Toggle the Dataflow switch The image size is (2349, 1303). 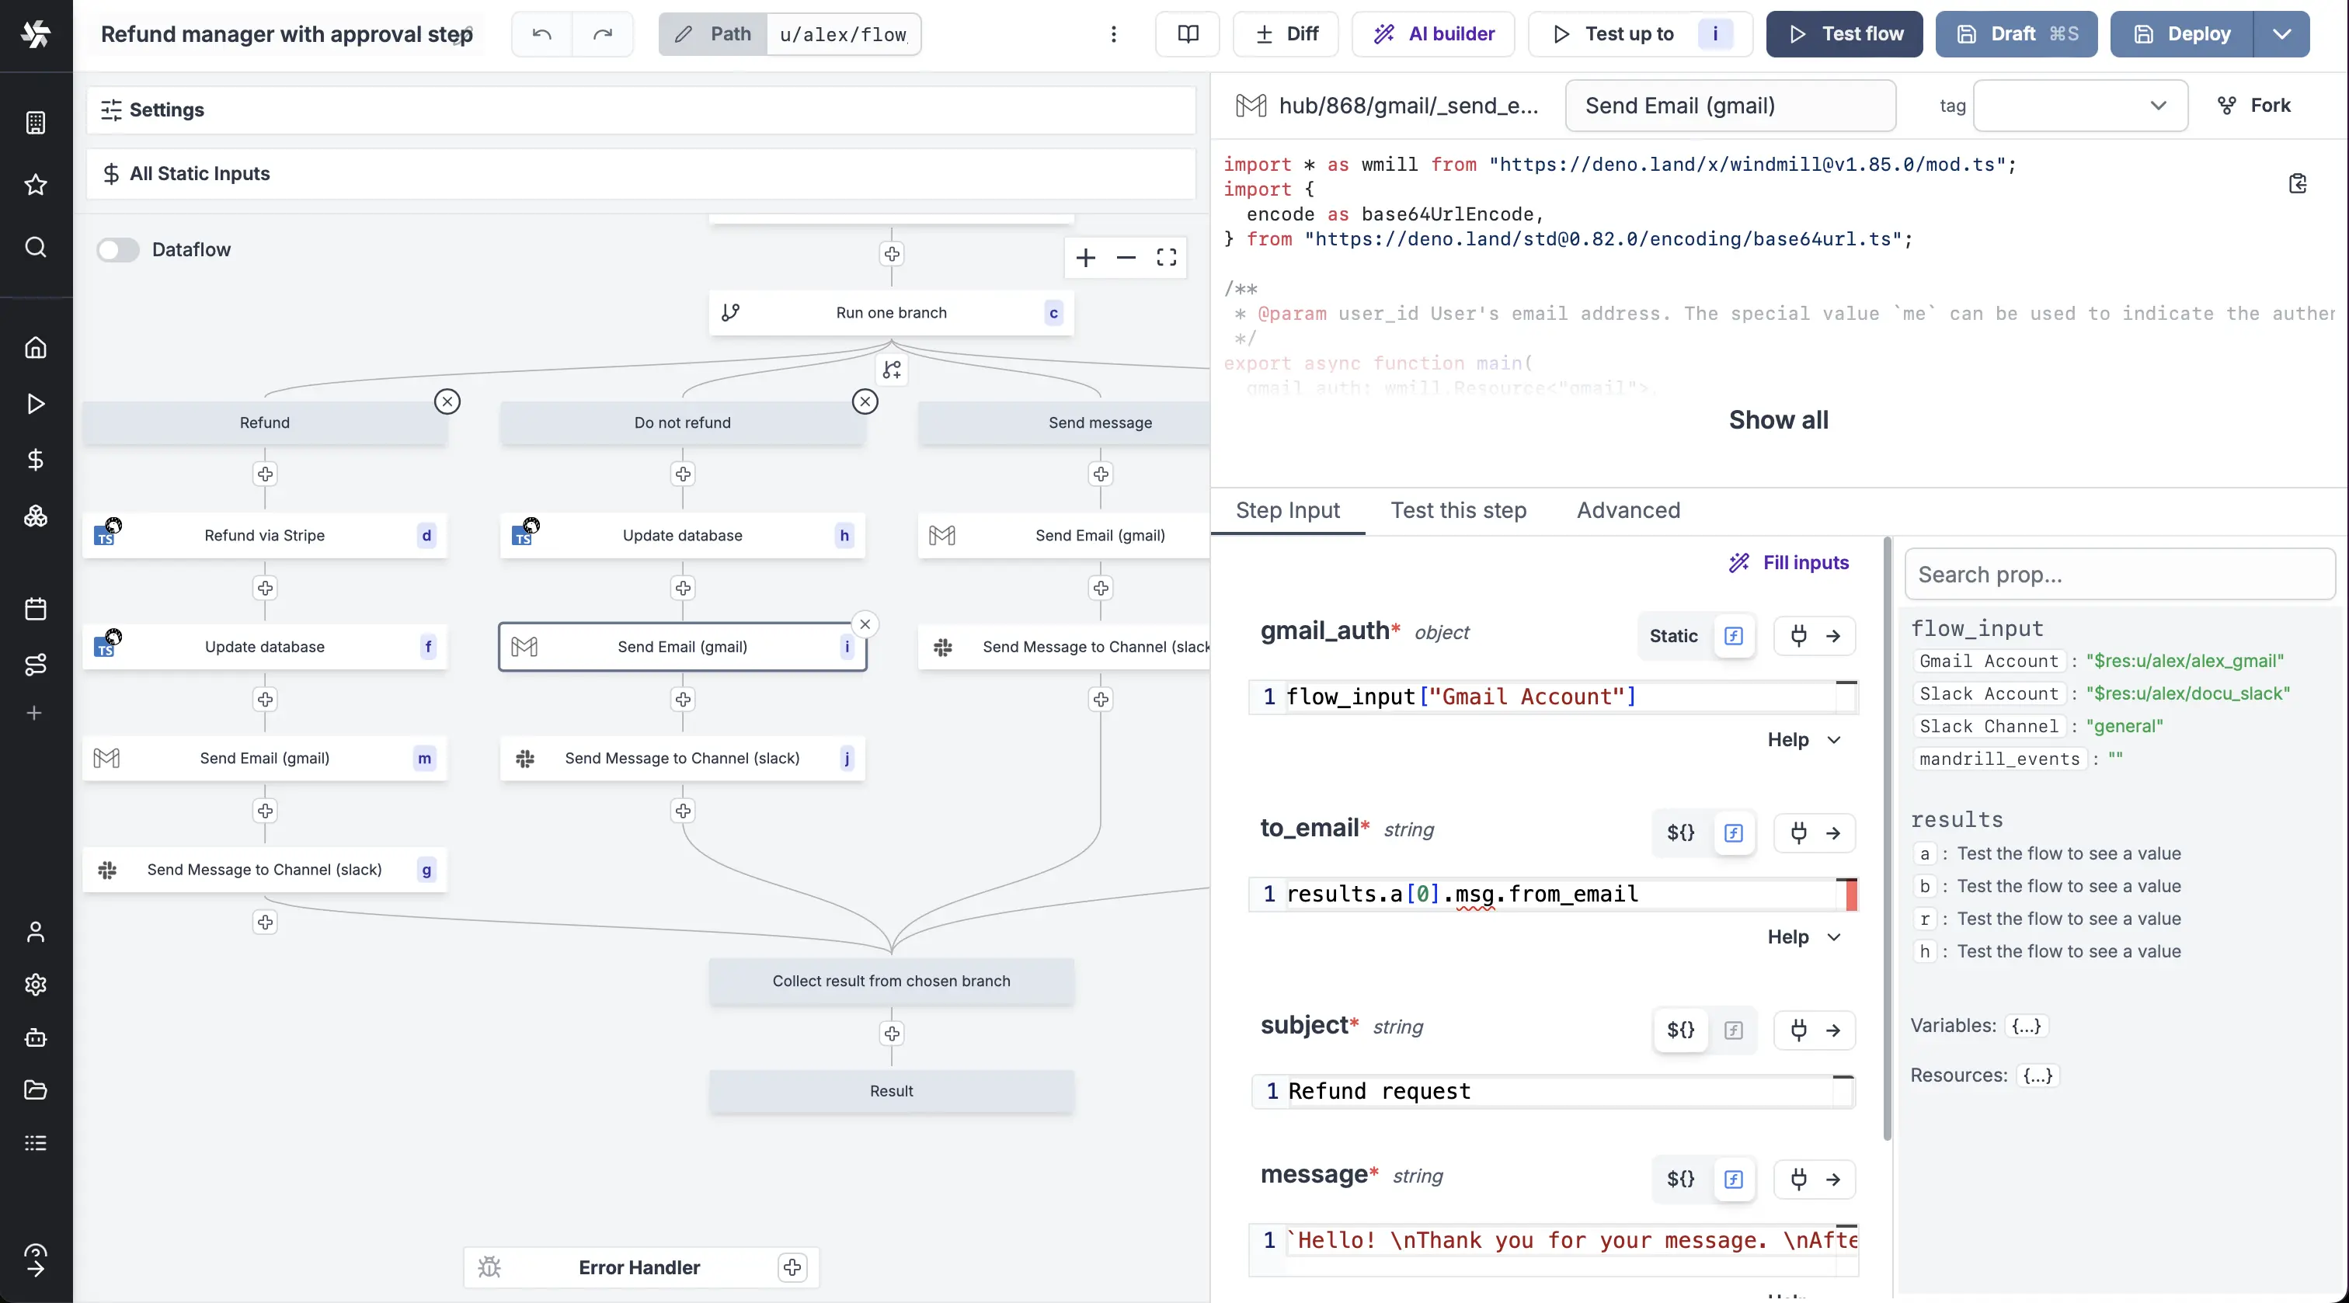117,250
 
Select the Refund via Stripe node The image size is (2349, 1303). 264,535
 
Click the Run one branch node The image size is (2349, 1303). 891,313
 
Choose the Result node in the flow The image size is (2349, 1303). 891,1090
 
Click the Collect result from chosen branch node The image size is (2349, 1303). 891,981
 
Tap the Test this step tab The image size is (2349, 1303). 1458,511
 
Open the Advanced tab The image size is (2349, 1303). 1627,511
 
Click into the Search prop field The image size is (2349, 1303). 2119,575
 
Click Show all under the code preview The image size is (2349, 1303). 1778,420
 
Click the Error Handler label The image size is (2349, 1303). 639,1267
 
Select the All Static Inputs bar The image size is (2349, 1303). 640,173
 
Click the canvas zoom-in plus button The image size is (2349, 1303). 1085,258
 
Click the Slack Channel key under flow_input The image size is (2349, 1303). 1989,727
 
